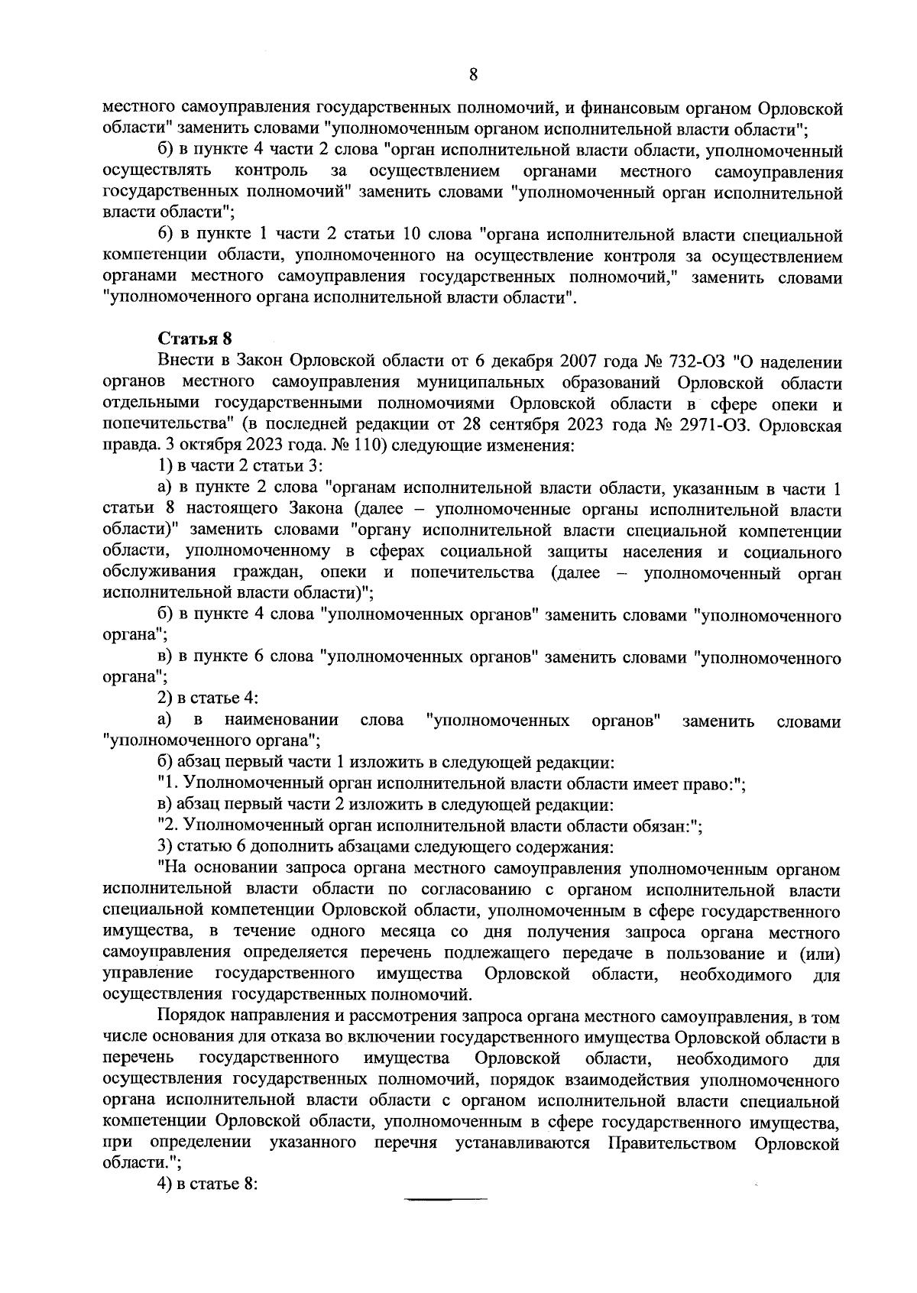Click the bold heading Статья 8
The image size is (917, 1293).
click(194, 339)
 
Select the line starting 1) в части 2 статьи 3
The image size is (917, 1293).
click(241, 467)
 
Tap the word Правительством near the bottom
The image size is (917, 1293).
click(673, 1143)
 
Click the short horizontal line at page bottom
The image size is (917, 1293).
click(446, 1201)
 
